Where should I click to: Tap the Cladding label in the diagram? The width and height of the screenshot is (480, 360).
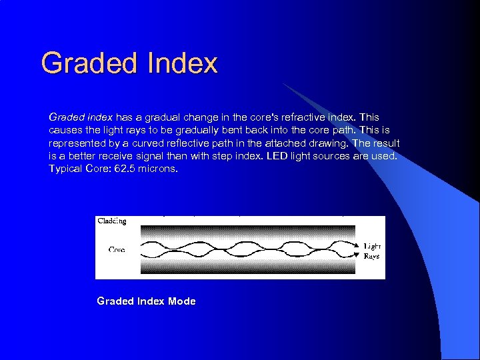112,221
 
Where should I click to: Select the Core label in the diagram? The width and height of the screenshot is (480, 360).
117,249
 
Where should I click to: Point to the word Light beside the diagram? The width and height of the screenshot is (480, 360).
372,246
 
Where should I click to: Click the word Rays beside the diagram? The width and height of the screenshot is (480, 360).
371,256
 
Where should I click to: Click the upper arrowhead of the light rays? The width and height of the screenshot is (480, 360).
357,246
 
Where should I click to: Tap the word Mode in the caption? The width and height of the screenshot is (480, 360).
182,301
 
